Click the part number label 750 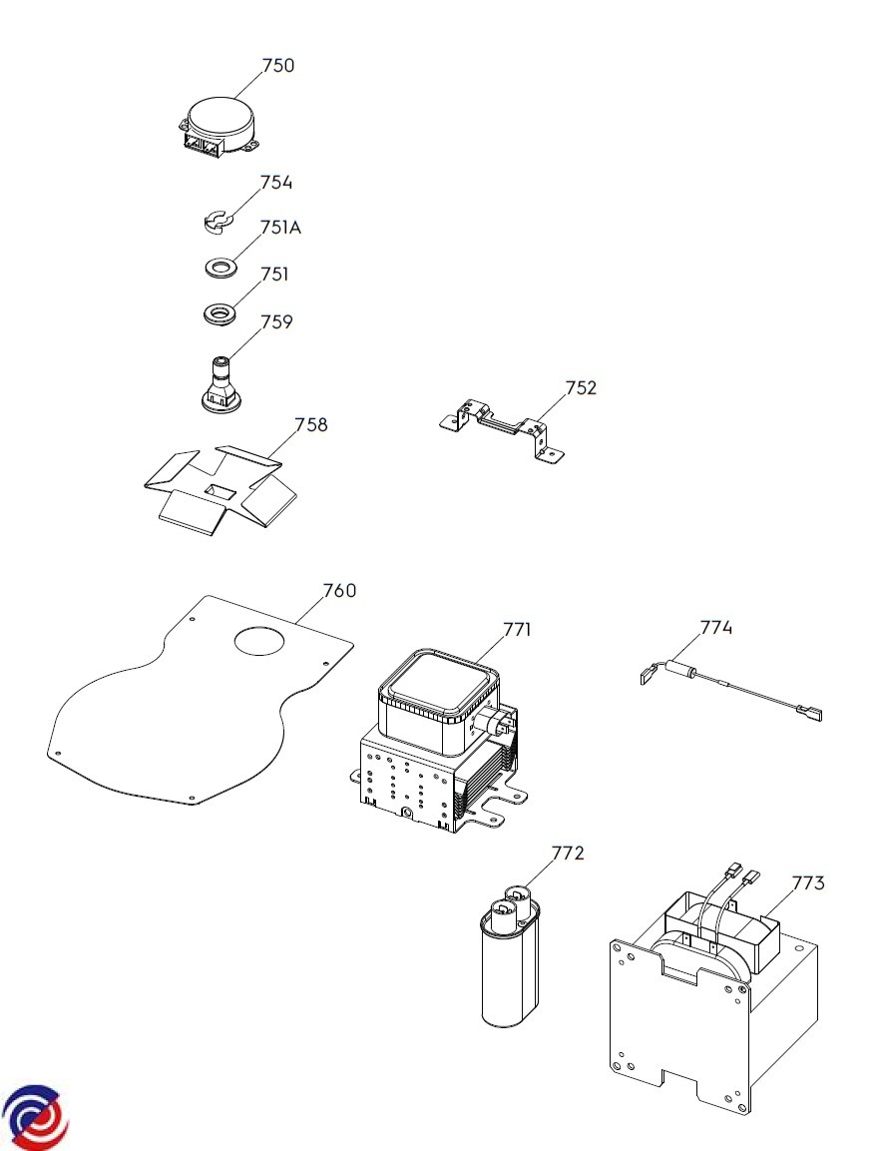point(278,65)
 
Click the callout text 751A point(280,228)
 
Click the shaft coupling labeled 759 point(219,381)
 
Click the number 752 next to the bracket point(581,387)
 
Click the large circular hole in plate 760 point(258,640)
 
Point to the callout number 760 point(340,590)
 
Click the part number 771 point(517,629)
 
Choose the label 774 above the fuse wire point(715,628)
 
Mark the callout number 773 point(808,883)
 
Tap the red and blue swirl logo point(35,1117)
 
